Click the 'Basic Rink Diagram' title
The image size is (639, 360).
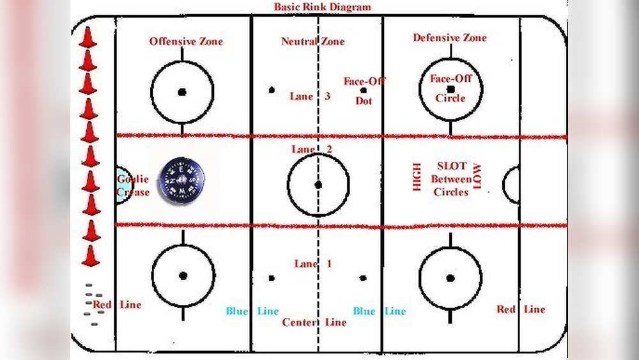[322, 7]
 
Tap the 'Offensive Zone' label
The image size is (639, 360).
[187, 42]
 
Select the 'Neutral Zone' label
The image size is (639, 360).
[312, 42]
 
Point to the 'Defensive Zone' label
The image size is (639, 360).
[449, 38]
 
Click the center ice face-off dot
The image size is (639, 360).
[318, 185]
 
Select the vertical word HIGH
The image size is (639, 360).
[417, 177]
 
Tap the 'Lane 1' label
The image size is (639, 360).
[313, 263]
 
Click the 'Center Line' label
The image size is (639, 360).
[314, 322]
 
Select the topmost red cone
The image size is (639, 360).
[88, 36]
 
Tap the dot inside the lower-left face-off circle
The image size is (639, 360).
[183, 276]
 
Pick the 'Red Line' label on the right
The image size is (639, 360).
[521, 309]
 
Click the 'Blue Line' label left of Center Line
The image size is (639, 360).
[252, 311]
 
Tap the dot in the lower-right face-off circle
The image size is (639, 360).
[450, 278]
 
